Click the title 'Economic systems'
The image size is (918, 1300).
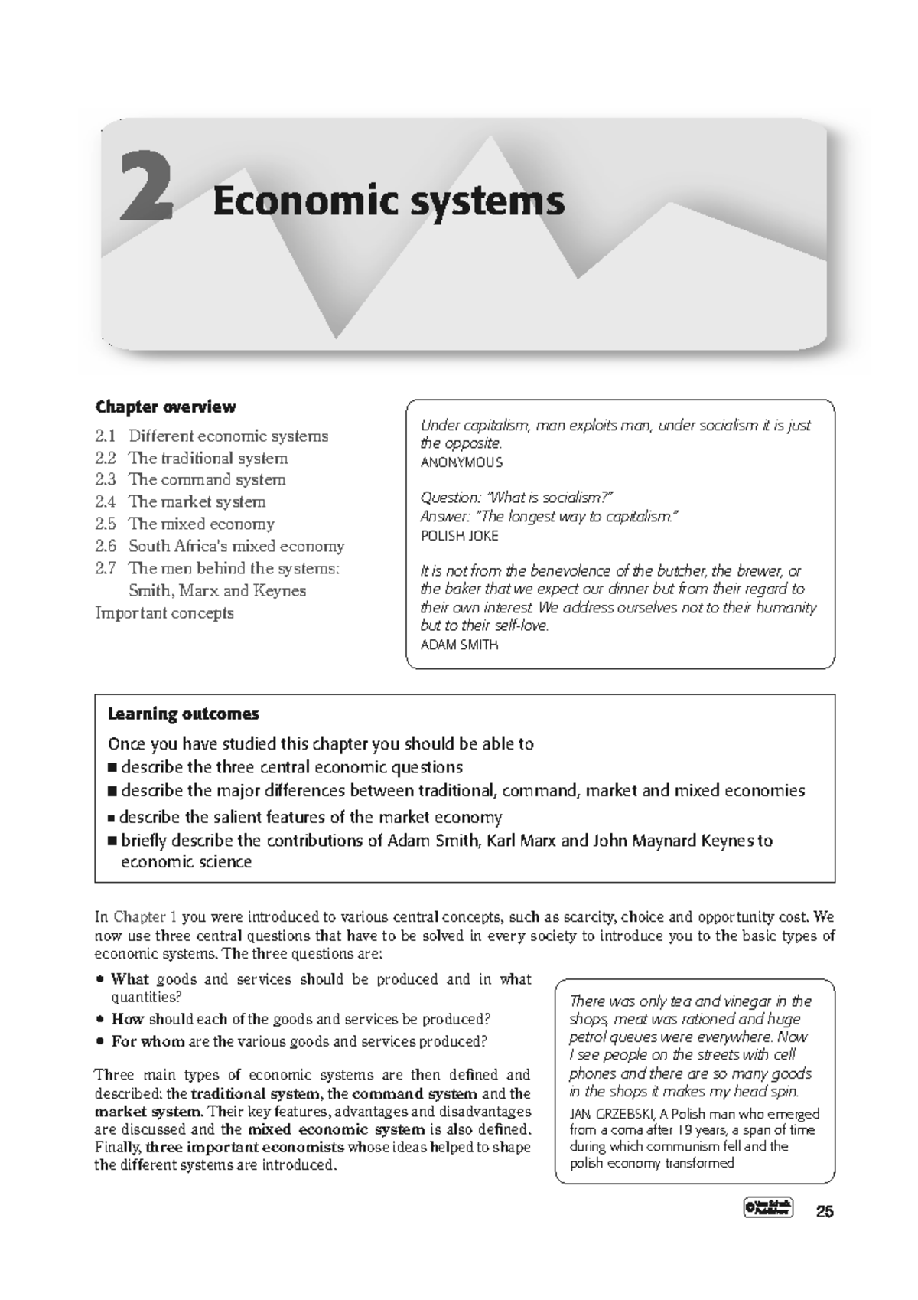[389, 201]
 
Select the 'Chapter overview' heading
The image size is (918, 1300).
[165, 407]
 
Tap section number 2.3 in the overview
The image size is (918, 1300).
[106, 479]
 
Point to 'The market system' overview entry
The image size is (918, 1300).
[197, 501]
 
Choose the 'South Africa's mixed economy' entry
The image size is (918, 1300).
[236, 546]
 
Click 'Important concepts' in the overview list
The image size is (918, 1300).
[164, 612]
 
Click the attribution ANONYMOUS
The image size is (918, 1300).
[461, 462]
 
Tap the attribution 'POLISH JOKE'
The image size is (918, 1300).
[459, 536]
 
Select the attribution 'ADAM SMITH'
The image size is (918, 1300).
[459, 645]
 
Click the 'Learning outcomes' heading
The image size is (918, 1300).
[184, 714]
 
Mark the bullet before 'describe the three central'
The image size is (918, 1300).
[113, 768]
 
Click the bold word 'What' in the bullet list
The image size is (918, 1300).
[130, 978]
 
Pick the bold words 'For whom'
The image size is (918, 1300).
[148, 1041]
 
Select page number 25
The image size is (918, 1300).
[825, 1211]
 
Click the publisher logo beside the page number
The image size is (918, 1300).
[767, 1209]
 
